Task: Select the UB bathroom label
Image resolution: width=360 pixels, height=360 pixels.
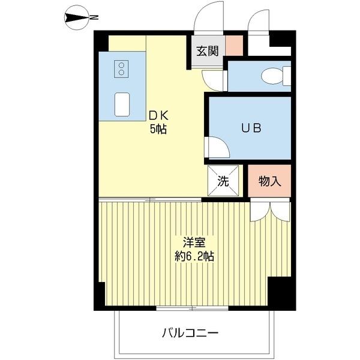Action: point(251,128)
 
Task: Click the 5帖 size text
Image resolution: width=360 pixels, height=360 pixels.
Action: point(158,128)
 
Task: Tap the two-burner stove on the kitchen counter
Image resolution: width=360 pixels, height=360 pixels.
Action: point(121,70)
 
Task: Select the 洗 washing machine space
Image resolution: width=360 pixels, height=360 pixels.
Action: point(223,181)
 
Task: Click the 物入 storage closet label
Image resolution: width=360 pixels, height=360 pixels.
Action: point(269,181)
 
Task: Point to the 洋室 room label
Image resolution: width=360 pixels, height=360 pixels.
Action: point(195,243)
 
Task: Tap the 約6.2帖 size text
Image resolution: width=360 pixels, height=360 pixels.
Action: point(195,256)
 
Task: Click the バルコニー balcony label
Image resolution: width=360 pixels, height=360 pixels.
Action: point(190,332)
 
